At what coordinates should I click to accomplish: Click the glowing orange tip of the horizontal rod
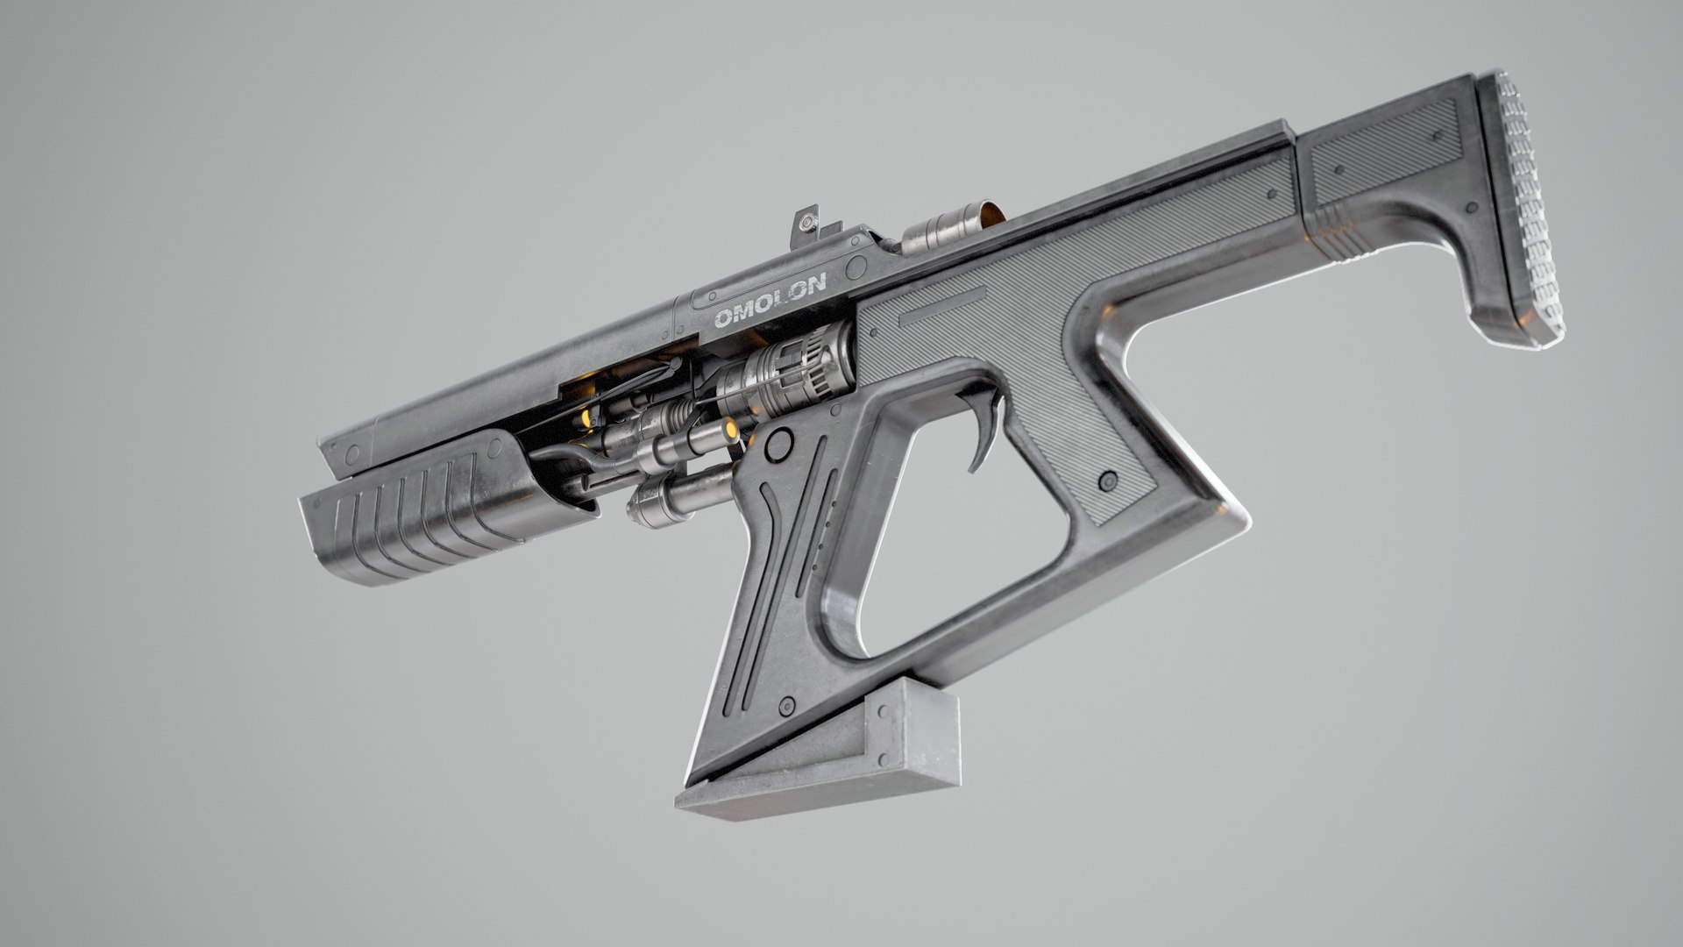729,428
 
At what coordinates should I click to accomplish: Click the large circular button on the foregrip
776,445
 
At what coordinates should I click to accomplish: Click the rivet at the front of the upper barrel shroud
353,453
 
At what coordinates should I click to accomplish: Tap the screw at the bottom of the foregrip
787,702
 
